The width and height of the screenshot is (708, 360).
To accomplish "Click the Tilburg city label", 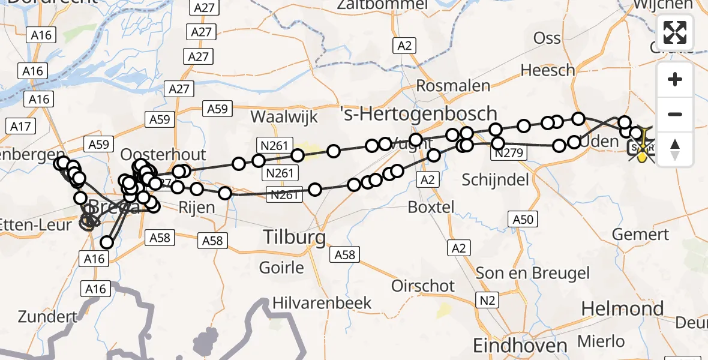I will (x=295, y=238).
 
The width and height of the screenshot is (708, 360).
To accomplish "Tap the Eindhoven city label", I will (x=520, y=346).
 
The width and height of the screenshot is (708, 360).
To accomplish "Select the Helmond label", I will (x=622, y=310).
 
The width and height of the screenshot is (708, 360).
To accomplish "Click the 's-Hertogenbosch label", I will (x=418, y=113).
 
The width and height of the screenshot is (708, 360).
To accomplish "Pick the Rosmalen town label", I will (x=453, y=86).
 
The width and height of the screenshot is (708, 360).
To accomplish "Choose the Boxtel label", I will (x=431, y=208).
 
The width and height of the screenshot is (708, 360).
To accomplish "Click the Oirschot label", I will (x=423, y=286).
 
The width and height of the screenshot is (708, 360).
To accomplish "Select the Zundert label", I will (x=47, y=316).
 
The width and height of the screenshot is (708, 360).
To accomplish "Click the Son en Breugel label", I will (x=533, y=274).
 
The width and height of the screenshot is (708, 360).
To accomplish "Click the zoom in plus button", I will (x=675, y=80).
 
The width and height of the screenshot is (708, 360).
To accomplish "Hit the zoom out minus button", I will (x=675, y=114).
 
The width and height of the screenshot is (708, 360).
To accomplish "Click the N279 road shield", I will (x=509, y=154).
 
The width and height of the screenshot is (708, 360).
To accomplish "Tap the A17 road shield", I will (x=20, y=127).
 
